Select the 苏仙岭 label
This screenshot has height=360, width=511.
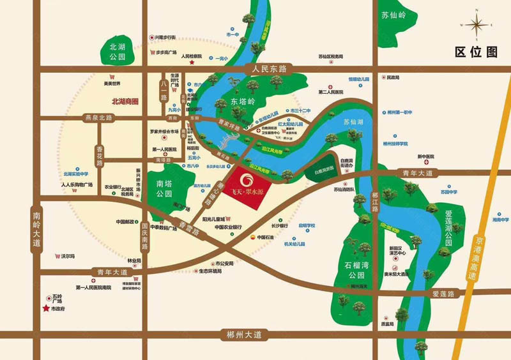[393, 16]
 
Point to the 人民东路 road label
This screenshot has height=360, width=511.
[268, 67]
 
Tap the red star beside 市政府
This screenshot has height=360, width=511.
[46, 309]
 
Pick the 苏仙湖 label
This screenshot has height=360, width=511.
[353, 121]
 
